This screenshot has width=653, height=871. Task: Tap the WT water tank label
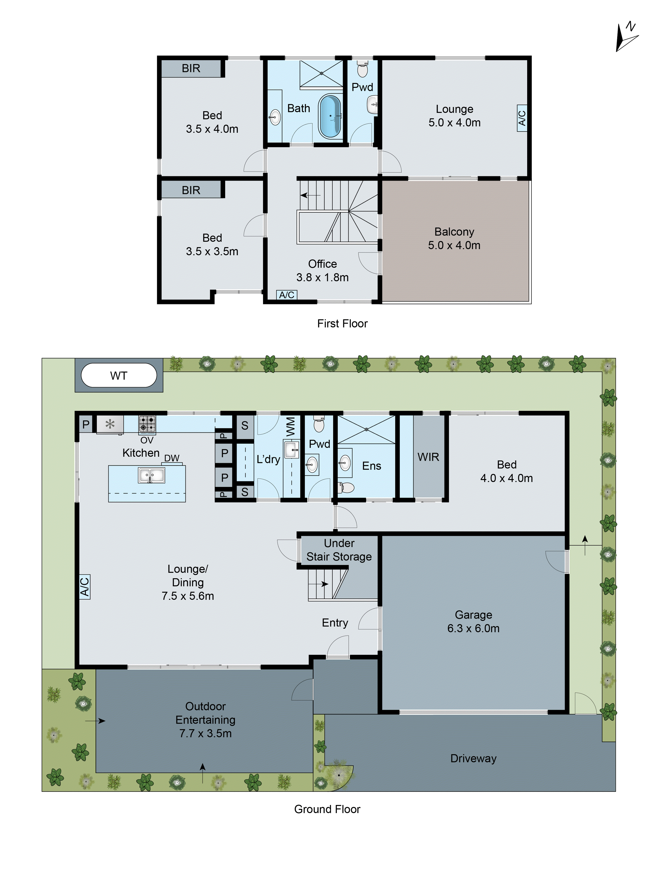118,376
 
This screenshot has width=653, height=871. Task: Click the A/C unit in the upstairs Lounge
522,118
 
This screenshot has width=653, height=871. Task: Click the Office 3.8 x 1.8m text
322,270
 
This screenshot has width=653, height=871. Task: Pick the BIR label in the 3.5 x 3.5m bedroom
191,190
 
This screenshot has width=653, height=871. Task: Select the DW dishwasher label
172,458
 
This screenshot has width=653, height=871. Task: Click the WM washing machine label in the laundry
291,426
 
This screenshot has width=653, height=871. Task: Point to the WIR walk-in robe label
428,457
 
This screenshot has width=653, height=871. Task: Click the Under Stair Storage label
339,550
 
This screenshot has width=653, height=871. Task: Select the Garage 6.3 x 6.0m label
473,621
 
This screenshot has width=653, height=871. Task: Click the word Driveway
473,758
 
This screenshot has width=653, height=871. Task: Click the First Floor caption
342,323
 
